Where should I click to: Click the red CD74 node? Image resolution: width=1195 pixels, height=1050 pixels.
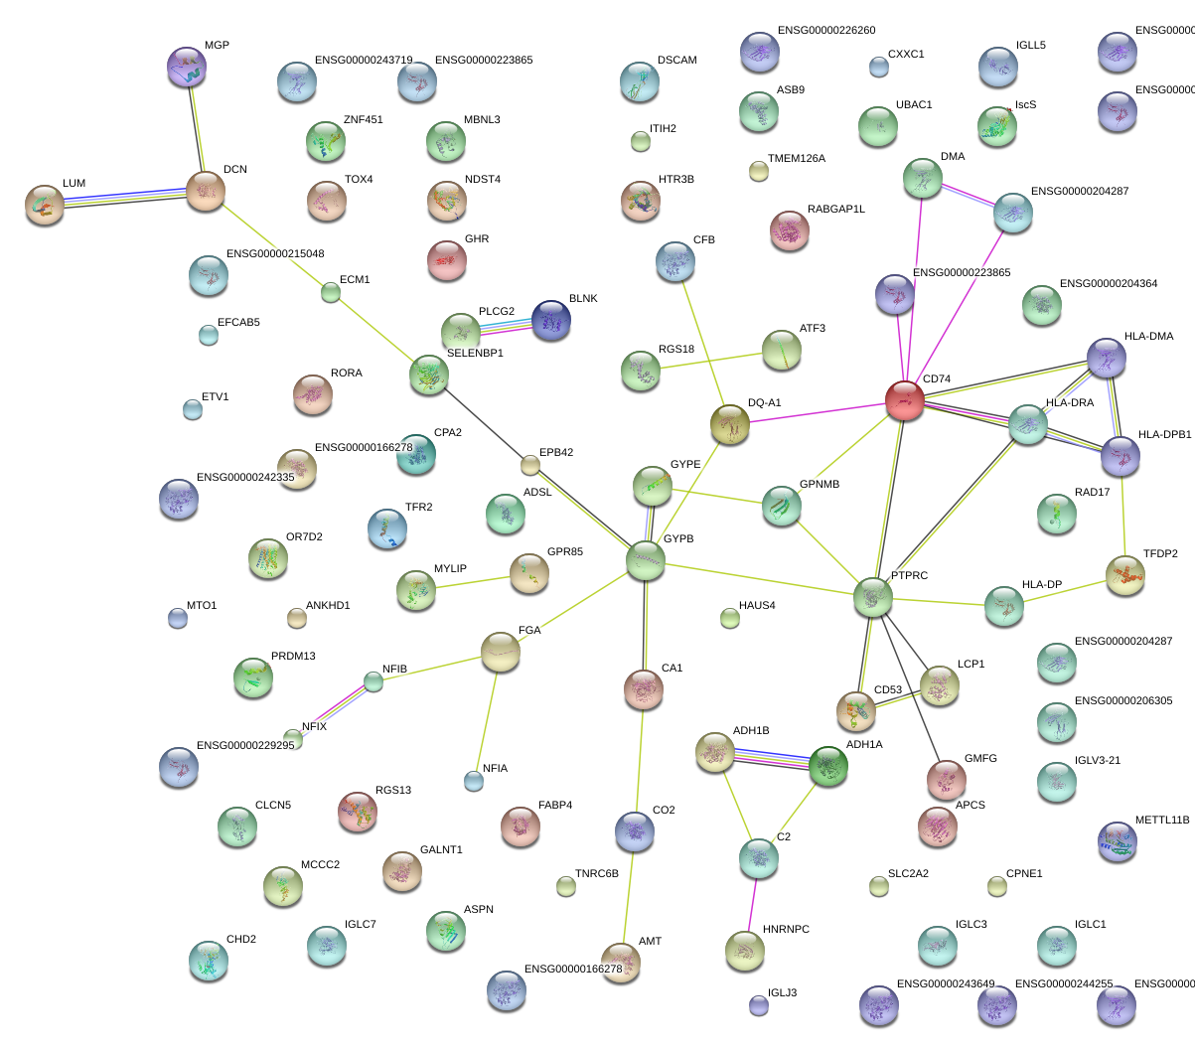[904, 400]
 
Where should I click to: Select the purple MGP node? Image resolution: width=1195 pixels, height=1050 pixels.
[187, 68]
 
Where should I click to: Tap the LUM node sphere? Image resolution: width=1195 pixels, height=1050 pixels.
[45, 205]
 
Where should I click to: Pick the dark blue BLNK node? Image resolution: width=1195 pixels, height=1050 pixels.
[551, 320]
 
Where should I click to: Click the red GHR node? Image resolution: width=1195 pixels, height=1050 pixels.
[446, 260]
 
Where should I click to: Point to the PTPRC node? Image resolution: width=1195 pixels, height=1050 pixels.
[873, 597]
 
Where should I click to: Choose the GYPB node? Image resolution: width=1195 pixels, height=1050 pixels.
[646, 560]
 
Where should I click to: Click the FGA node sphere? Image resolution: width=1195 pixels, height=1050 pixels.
[501, 652]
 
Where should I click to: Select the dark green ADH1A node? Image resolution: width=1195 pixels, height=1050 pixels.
[828, 766]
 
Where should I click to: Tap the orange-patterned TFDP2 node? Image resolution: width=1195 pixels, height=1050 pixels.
[1125, 575]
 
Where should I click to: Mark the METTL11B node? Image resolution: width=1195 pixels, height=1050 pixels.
[1118, 840]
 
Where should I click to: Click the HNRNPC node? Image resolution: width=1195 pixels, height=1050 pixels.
[745, 951]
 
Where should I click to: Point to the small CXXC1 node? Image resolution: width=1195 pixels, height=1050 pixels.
[878, 67]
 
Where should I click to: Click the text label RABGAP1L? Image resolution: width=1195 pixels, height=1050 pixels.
[835, 210]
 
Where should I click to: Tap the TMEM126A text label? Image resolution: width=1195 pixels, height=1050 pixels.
[796, 159]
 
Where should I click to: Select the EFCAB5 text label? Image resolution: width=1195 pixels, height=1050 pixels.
[238, 323]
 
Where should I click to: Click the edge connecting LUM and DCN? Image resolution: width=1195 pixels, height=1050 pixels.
[125, 198]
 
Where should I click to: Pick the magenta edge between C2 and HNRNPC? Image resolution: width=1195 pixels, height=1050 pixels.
[752, 905]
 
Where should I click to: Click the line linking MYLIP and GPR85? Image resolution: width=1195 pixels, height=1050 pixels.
[473, 582]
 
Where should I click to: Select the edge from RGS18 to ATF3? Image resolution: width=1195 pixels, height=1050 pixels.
[711, 360]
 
